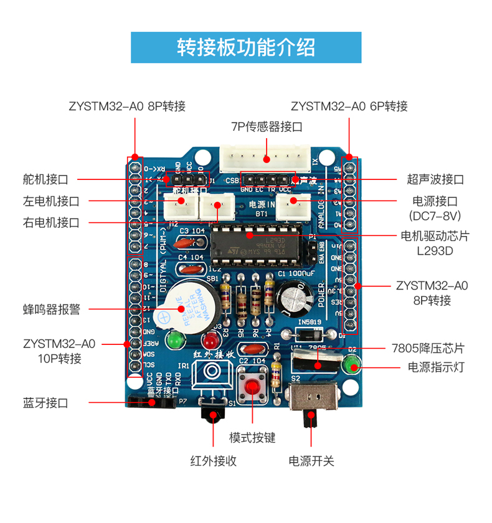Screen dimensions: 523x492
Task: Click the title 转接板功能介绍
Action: tap(246, 47)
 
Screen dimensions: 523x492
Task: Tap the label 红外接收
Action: tap(213, 461)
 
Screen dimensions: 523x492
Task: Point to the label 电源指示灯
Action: tap(436, 367)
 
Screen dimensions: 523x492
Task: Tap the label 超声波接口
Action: tap(435, 179)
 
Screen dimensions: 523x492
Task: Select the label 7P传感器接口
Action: tap(267, 126)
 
